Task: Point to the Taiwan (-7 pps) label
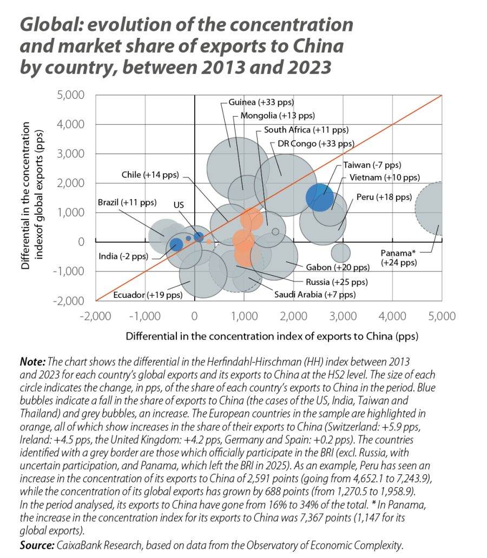coord(372,165)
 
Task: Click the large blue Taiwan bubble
coord(320,197)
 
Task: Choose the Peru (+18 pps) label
coord(383,197)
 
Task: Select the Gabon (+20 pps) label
coord(337,267)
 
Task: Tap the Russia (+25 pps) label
coord(336,282)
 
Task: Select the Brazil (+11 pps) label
coord(127,203)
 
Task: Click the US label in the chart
coord(178,205)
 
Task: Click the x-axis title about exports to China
coord(272,336)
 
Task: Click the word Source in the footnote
coord(32,546)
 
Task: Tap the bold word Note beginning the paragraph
coord(31,360)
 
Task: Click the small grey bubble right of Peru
coord(341,253)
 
